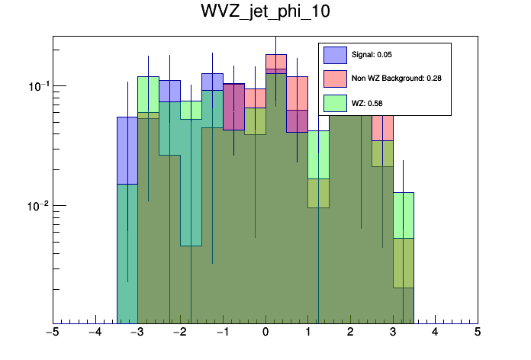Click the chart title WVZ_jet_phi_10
tap(265, 13)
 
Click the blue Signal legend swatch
tap(335, 55)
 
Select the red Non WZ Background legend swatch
tap(335, 79)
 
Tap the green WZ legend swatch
tap(335, 103)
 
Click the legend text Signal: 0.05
tap(372, 55)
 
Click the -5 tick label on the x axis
tap(52, 333)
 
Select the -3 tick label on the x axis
tap(137, 333)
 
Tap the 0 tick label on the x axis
tap(265, 333)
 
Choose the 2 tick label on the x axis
tap(350, 333)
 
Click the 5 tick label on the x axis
tap(478, 333)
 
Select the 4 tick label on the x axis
tap(435, 333)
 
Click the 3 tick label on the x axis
tap(393, 333)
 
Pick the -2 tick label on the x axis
tap(179, 333)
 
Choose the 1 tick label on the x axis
tap(307, 333)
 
